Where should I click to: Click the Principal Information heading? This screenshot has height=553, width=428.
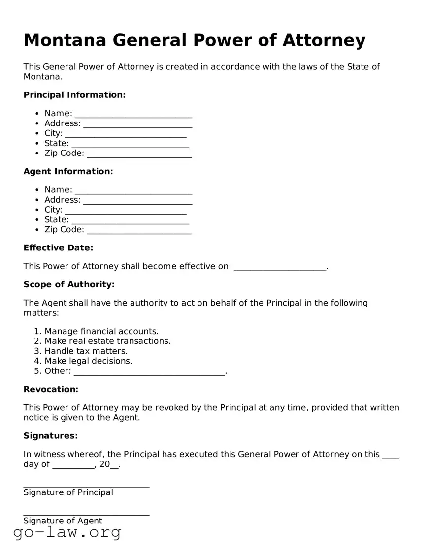(x=74, y=95)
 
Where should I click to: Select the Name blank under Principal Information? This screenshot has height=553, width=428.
(x=133, y=115)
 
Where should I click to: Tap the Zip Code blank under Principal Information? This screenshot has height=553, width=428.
(x=139, y=154)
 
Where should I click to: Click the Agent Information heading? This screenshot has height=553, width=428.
(x=68, y=171)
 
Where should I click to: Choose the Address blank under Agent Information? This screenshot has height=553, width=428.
(x=137, y=201)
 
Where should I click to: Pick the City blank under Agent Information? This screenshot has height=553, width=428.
(x=126, y=211)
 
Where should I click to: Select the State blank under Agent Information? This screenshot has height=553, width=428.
(x=130, y=221)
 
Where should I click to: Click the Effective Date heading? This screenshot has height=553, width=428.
(x=58, y=248)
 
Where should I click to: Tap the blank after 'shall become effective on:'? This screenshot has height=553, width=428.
(x=279, y=267)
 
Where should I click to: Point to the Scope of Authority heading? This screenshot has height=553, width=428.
(x=69, y=284)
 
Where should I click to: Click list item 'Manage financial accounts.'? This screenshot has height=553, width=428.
(x=101, y=331)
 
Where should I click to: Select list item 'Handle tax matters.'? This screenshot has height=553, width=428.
(x=86, y=351)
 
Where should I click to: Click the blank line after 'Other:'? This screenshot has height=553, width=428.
(x=149, y=372)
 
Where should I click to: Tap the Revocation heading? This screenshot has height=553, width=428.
(x=51, y=389)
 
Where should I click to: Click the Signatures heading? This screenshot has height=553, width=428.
(x=51, y=436)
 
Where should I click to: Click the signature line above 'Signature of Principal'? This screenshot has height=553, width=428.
(x=86, y=485)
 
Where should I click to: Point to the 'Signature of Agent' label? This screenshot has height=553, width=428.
(x=63, y=521)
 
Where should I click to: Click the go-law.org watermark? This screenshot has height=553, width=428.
(x=67, y=532)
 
